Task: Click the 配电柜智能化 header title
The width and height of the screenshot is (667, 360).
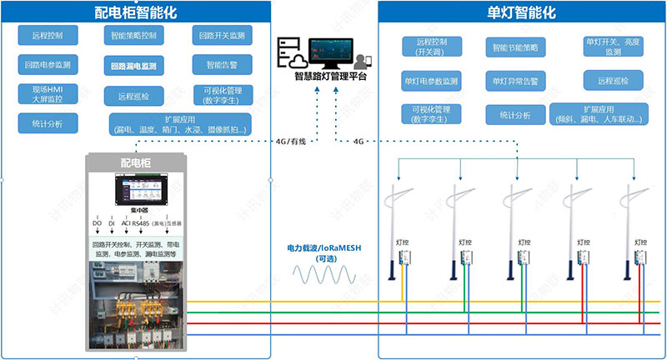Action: point(137,12)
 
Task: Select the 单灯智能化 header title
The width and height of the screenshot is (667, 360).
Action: point(521,12)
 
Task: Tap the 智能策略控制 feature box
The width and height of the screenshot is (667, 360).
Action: point(137,36)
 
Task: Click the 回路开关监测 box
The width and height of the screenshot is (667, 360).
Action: point(222,36)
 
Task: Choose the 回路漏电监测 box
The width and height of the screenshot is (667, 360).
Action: point(137,64)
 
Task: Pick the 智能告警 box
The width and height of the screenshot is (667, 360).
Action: point(222,64)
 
